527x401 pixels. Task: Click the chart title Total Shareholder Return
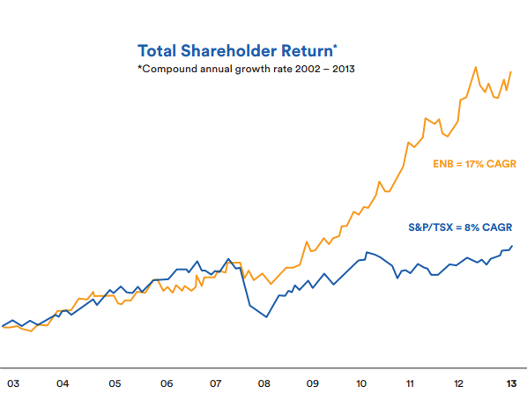[x=237, y=51]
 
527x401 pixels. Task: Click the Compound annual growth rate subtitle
[x=247, y=69]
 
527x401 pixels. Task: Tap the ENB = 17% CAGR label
[x=474, y=164]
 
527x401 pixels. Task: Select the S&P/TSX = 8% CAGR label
[x=460, y=227]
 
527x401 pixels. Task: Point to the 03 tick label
[x=13, y=383]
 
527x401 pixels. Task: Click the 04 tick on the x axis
[x=63, y=383]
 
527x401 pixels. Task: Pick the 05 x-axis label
[x=115, y=383]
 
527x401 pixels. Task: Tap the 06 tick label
[x=167, y=383]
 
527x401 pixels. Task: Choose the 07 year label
[x=215, y=383]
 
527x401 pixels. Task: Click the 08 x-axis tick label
[x=263, y=383]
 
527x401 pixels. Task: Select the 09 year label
[x=312, y=383]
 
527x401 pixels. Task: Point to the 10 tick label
[x=361, y=383]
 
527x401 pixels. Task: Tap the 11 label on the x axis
[x=410, y=383]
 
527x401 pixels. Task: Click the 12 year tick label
[x=458, y=383]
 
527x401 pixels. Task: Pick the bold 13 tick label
[x=511, y=383]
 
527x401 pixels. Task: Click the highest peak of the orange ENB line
[x=476, y=67]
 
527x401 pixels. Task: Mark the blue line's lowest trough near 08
[x=266, y=317]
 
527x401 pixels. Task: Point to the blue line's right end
[x=512, y=246]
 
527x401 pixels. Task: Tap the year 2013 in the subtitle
[x=344, y=69]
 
